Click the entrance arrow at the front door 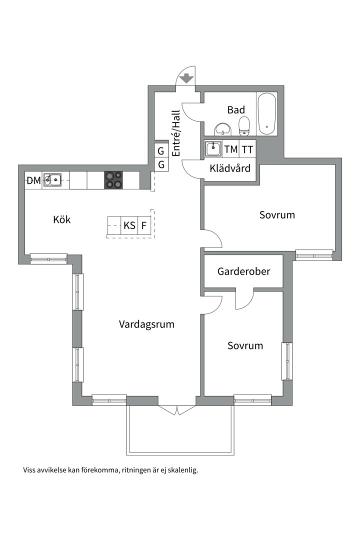[x=186, y=78]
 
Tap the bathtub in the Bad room [x=267, y=113]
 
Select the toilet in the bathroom [x=244, y=126]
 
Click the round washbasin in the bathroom [x=223, y=129]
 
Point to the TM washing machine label [x=231, y=149]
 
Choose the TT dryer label [x=247, y=149]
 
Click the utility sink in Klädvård [x=213, y=149]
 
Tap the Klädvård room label [x=230, y=168]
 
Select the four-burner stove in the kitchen [x=113, y=180]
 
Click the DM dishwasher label [x=34, y=180]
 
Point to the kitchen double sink [x=52, y=180]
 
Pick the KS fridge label [x=129, y=225]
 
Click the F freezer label [x=144, y=225]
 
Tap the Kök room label [x=61, y=219]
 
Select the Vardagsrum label [x=146, y=324]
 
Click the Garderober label [x=243, y=271]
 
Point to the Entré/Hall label [x=176, y=133]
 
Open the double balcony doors [x=176, y=410]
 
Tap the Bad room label [x=236, y=110]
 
